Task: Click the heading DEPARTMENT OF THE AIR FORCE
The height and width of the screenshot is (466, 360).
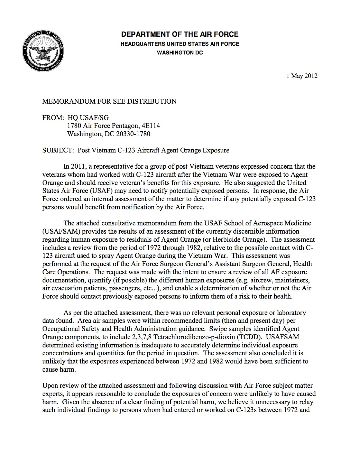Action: tap(180, 34)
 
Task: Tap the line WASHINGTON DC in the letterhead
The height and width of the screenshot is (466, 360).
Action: tap(180, 53)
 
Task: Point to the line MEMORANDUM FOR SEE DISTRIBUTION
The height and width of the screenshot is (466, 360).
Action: tap(110, 101)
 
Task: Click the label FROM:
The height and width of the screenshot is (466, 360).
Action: tap(53, 118)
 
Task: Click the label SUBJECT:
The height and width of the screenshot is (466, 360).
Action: tap(57, 150)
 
